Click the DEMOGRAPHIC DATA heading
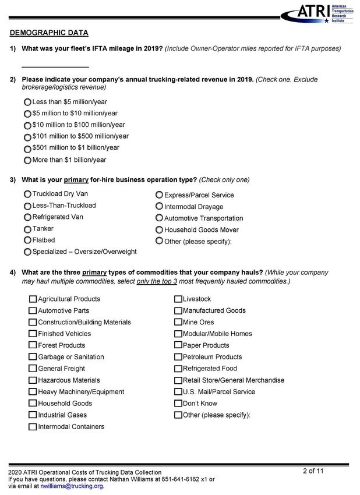point(49,33)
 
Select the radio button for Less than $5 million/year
point(27,102)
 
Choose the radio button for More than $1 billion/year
point(27,160)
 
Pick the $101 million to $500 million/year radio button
point(27,137)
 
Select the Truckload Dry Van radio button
point(27,194)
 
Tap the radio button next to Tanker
point(27,229)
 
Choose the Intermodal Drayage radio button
point(159,206)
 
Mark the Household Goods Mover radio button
point(159,229)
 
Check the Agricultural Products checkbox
point(33,299)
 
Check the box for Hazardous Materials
point(33,380)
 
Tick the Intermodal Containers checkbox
point(33,427)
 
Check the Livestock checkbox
point(178,299)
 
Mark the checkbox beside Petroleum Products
point(178,357)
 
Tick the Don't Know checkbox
point(178,404)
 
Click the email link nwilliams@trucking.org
point(72,486)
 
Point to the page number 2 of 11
point(313,471)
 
